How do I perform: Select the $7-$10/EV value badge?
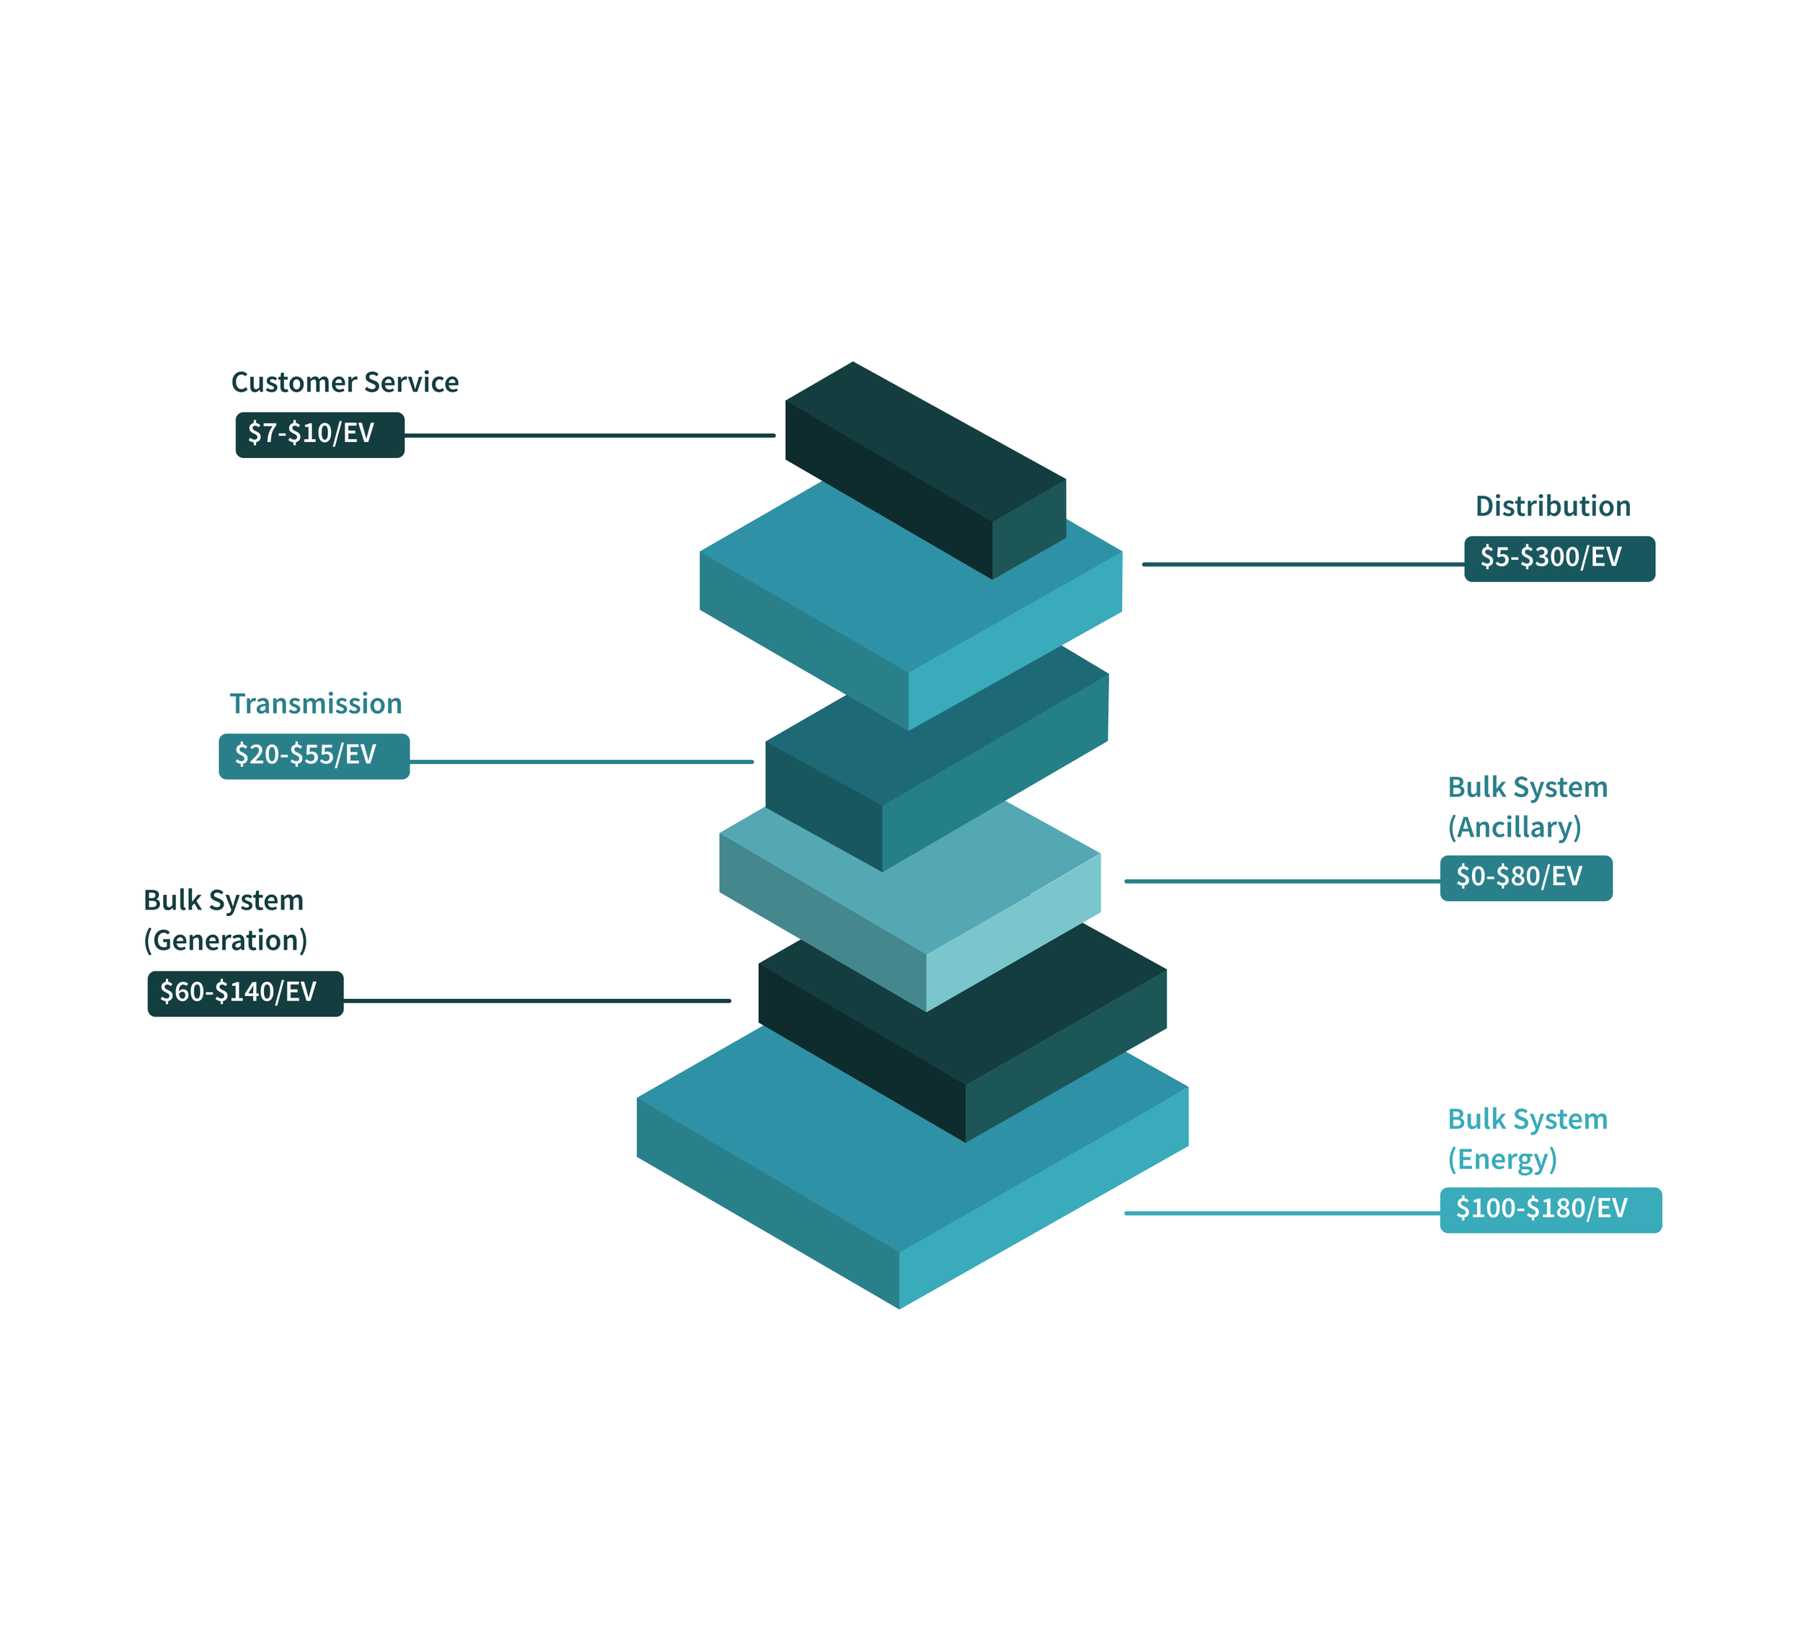tap(319, 435)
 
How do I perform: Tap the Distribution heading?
tap(1553, 506)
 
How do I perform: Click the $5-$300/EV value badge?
tap(1559, 558)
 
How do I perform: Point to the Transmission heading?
tap(316, 704)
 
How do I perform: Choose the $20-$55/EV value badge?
tap(314, 756)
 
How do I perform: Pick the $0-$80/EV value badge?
tap(1526, 877)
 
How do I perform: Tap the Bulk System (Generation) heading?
tap(224, 920)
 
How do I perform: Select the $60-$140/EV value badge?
tap(245, 992)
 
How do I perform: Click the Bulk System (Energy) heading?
tap(1527, 1138)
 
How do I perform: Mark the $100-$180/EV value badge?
tap(1550, 1209)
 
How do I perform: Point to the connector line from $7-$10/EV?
tap(590, 436)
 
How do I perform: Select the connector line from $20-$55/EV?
tap(581, 762)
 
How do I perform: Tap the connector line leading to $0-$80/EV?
tap(1282, 881)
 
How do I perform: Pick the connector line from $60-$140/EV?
tap(537, 1000)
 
